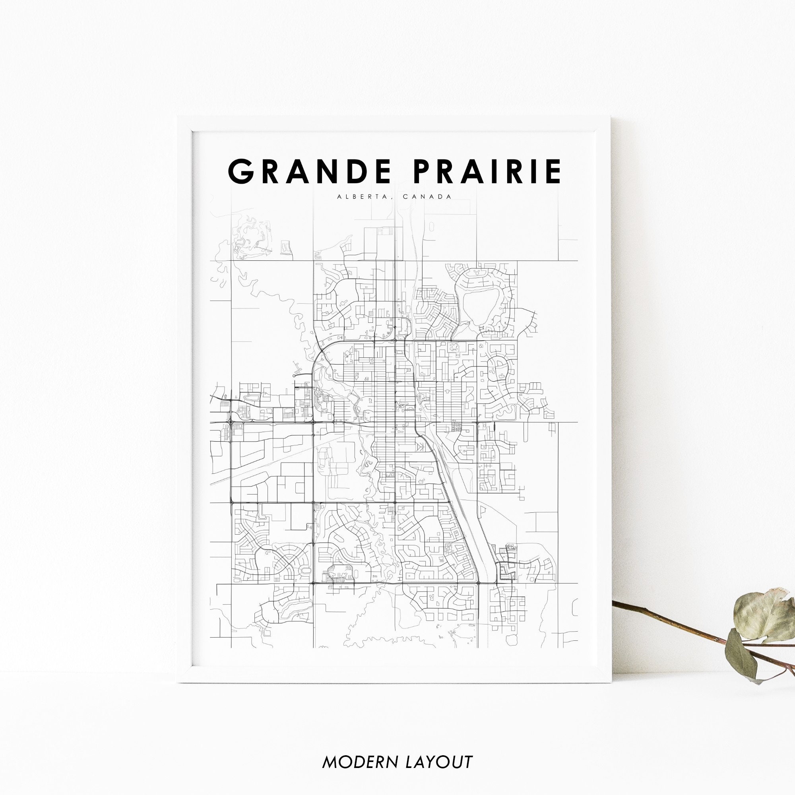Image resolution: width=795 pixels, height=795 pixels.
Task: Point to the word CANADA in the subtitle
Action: tap(428, 197)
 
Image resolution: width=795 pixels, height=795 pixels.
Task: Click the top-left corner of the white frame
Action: tap(178, 117)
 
